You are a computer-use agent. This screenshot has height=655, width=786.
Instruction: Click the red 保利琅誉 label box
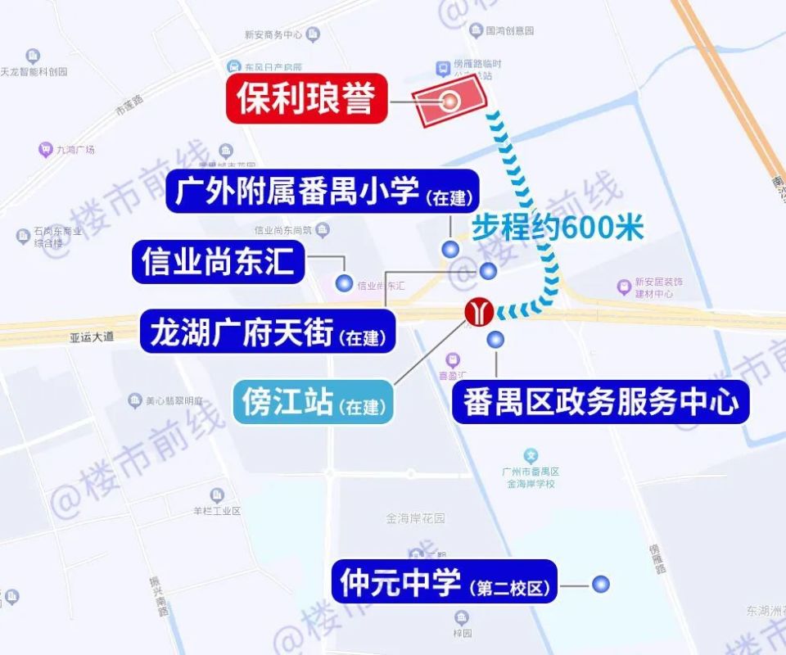click(306, 102)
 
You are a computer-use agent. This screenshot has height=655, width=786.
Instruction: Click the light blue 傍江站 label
click(312, 403)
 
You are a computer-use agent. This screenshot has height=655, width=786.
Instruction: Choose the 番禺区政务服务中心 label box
click(600, 402)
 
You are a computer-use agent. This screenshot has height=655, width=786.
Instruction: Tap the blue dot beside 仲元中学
click(601, 584)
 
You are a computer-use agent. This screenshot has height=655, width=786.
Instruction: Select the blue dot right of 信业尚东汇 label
click(344, 283)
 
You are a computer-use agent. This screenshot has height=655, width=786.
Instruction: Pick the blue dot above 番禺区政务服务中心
click(495, 340)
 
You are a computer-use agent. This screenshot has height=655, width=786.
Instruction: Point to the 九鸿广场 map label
click(75, 150)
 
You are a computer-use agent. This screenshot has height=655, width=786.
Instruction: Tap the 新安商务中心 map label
click(273, 34)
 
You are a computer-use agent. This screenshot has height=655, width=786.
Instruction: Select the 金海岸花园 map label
click(415, 518)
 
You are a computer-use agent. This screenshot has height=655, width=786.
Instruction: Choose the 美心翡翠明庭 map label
click(174, 401)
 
